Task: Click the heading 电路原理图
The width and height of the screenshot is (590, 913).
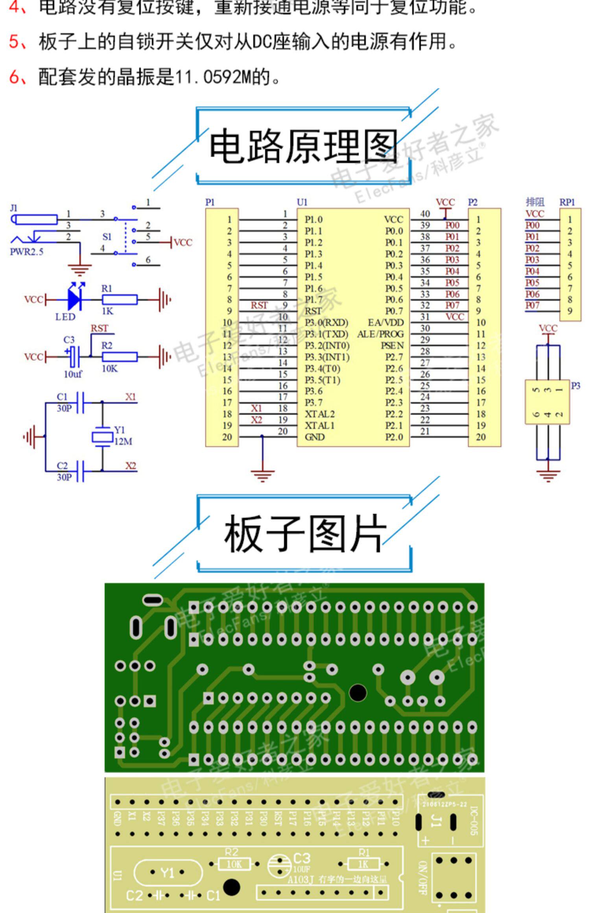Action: coord(303,146)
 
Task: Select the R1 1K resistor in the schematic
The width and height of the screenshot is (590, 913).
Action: coord(120,300)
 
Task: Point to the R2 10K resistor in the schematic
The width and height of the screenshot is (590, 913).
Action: coord(120,357)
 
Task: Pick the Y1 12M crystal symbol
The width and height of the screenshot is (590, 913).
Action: coord(102,436)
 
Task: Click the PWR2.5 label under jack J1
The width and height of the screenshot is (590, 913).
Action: coord(26,252)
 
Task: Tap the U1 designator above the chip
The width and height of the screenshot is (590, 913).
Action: coord(302,202)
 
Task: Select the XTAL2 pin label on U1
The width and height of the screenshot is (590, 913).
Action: coord(319,414)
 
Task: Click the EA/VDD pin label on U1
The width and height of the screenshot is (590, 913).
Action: coord(385,323)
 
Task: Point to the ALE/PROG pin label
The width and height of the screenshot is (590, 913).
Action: coord(380,334)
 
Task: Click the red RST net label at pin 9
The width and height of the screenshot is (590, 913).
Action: coord(259,306)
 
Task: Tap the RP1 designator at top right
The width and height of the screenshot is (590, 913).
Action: coord(567,202)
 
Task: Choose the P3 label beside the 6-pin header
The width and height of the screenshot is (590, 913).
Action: coord(575,386)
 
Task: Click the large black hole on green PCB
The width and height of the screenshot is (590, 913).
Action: coord(358,693)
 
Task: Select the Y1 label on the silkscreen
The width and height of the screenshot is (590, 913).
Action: coord(168,873)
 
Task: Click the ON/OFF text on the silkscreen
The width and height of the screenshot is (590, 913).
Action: coord(422,878)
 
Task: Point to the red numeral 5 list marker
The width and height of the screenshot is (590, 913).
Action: coord(14,42)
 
